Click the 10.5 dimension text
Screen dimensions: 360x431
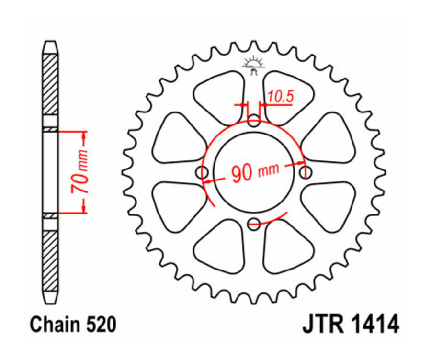pyautogui.click(x=281, y=97)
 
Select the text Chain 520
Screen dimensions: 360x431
pyautogui.click(x=73, y=325)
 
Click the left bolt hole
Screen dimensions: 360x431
pyautogui.click(x=203, y=172)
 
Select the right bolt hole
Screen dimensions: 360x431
pyautogui.click(x=305, y=171)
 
